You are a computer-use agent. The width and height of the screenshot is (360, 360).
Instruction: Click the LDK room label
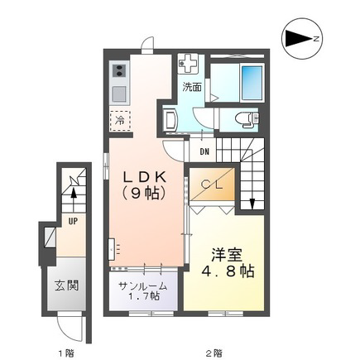[x=145, y=177]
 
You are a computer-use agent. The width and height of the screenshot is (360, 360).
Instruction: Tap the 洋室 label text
[x=227, y=255]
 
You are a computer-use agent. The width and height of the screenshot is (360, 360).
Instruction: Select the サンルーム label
[x=143, y=286]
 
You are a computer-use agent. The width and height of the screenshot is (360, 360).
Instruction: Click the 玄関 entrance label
[x=66, y=286]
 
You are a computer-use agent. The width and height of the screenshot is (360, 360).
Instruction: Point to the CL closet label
[x=212, y=184]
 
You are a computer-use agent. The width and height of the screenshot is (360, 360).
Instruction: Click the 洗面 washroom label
[x=192, y=87]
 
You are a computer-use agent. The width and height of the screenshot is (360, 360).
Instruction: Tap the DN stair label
[x=204, y=151]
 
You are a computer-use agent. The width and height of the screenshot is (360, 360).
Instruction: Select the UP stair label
[x=73, y=221]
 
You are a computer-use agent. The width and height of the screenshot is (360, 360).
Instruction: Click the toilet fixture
[x=247, y=119]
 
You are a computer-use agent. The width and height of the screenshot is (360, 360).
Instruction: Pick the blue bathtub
[x=252, y=83]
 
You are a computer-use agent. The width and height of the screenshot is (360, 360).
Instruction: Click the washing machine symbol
[x=188, y=64]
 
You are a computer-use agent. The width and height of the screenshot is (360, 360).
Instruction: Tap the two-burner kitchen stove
[x=119, y=70]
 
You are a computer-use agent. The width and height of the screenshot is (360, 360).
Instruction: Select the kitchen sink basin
[x=119, y=94]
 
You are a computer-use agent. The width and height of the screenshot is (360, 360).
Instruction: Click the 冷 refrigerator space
[x=120, y=120]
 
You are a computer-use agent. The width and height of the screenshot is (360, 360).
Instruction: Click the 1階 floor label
[x=66, y=353]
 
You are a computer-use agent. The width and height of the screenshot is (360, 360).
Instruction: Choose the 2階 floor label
[x=214, y=353]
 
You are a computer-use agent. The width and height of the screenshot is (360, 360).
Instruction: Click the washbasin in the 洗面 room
[x=170, y=120]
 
